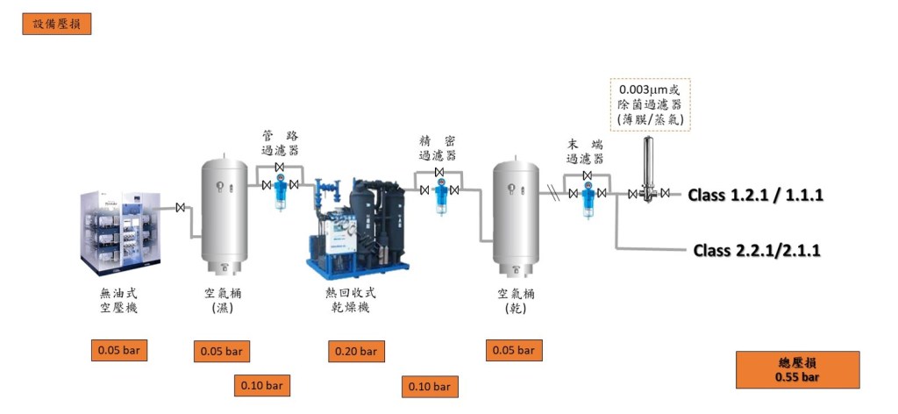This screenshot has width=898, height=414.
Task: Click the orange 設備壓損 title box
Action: pos(56,24)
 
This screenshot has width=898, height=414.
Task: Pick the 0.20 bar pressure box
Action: pos(356,352)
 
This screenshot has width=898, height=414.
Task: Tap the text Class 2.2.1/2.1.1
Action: pos(757,251)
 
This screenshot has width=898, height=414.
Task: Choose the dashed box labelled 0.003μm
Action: pos(650,104)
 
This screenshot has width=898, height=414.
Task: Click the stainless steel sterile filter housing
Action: pos(649,168)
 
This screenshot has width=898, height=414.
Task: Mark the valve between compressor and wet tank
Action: pos(181,208)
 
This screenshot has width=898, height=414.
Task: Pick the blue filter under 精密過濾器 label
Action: pos(439,195)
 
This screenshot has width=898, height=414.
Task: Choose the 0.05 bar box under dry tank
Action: pos(514,351)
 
